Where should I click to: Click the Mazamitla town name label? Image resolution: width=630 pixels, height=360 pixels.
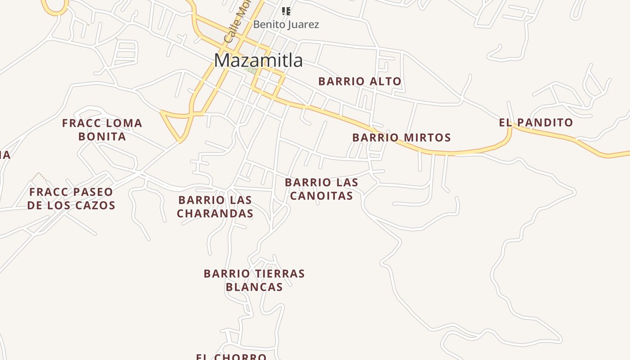coord(258,60)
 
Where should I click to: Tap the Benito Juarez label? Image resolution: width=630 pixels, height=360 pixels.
coord(286,24)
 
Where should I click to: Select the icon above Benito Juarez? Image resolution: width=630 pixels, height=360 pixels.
coord(286,11)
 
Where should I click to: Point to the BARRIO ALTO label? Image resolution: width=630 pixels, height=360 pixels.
coord(360,81)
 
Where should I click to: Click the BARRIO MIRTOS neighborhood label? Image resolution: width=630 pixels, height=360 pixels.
coord(401,138)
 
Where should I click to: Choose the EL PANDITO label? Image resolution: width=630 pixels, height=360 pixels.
coord(536,122)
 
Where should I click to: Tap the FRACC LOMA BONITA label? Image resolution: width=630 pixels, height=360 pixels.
coord(102,130)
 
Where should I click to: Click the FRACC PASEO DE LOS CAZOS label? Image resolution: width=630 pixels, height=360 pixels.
coord(71,198)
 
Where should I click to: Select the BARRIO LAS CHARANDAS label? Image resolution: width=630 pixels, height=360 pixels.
coord(215,207)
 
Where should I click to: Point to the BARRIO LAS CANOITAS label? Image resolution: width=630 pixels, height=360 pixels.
coord(321,189)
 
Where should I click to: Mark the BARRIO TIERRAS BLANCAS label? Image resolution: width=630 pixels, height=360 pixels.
coord(254,280)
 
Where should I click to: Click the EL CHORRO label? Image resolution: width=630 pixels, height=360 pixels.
coord(231,356)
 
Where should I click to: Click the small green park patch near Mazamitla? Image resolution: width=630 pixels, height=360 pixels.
coord(251,70)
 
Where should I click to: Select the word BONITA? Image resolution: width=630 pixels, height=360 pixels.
coord(102,136)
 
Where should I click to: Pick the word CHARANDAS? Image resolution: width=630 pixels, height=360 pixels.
coord(215,213)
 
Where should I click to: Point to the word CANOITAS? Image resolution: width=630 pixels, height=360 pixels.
coord(321,196)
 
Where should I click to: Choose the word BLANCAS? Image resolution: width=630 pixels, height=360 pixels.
coord(254,287)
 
